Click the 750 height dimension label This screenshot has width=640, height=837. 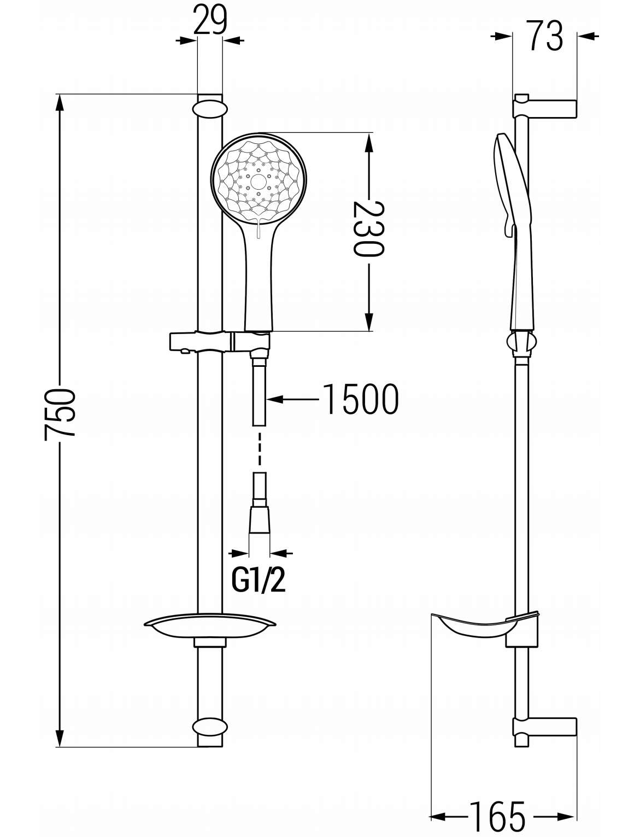point(60,413)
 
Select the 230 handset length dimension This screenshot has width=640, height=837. point(369,229)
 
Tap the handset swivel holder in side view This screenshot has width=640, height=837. point(522,342)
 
